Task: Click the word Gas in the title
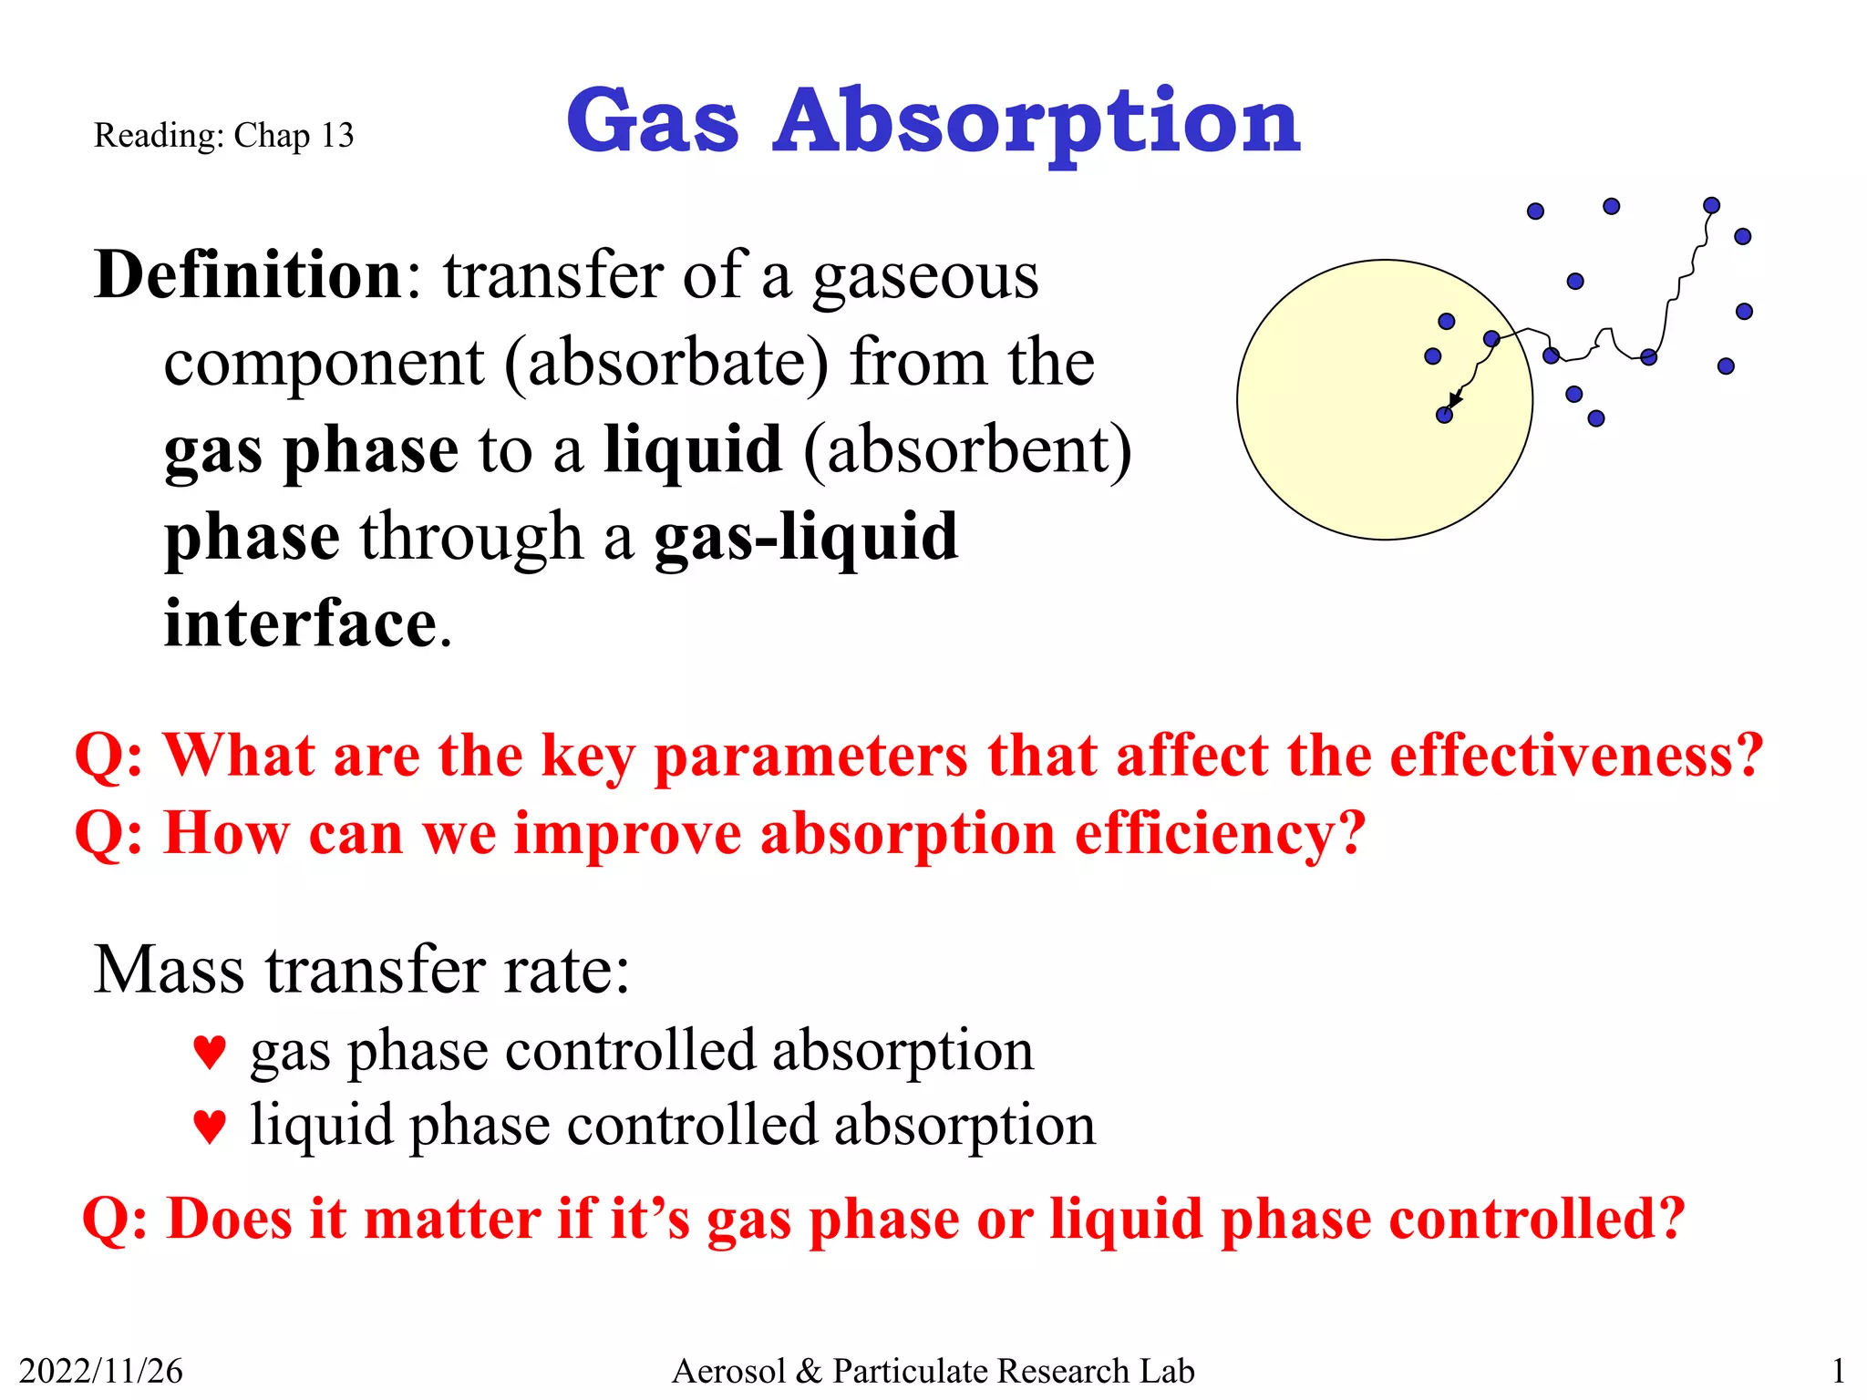(x=652, y=121)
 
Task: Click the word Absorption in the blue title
(x=1037, y=121)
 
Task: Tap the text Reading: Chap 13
(x=223, y=136)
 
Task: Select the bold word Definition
(x=249, y=274)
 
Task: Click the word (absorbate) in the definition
(x=666, y=362)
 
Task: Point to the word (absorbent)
(x=967, y=449)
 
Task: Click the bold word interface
(x=301, y=624)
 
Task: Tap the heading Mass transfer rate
(x=362, y=969)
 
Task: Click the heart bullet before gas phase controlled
(x=210, y=1053)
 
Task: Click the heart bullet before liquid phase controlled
(x=210, y=1127)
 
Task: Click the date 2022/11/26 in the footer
(x=100, y=1371)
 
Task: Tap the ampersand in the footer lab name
(x=809, y=1371)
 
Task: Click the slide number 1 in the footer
(x=1838, y=1371)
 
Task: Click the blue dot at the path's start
(x=1711, y=206)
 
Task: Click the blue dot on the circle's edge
(x=1492, y=339)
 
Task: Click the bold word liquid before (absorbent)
(x=693, y=449)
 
